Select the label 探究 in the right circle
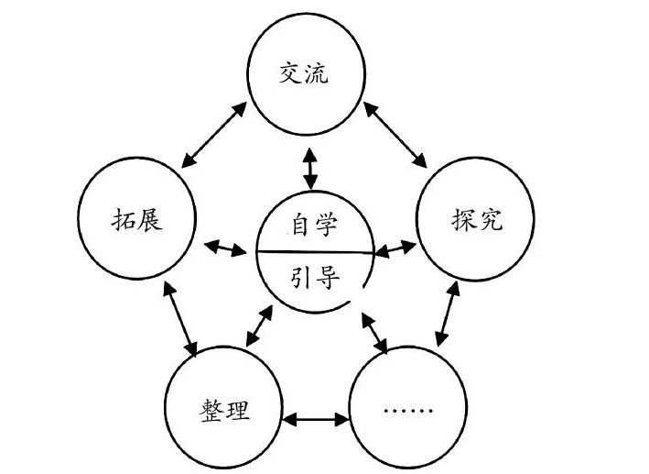click(x=477, y=221)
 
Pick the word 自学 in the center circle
click(x=314, y=225)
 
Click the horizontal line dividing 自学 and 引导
click(x=314, y=250)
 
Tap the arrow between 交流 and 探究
click(x=396, y=136)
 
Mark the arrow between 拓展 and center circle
click(x=224, y=247)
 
